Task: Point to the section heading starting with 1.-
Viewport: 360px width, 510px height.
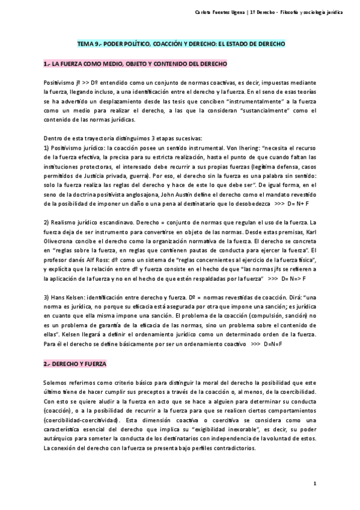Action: [x=135, y=63]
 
